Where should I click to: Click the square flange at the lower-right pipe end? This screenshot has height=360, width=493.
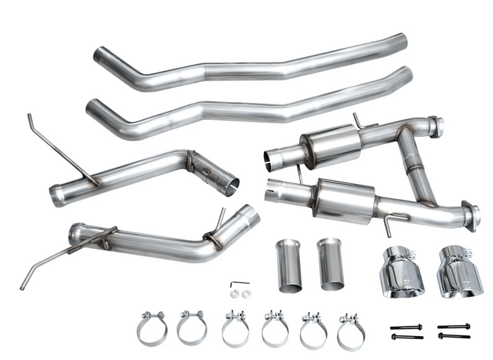coord(470,216)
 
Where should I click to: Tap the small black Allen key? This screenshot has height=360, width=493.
coord(238,284)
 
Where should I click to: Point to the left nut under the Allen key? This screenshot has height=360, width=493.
coord(233,294)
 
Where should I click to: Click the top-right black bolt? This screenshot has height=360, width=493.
coord(453,326)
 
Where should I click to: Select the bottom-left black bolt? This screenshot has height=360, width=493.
coord(406,337)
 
